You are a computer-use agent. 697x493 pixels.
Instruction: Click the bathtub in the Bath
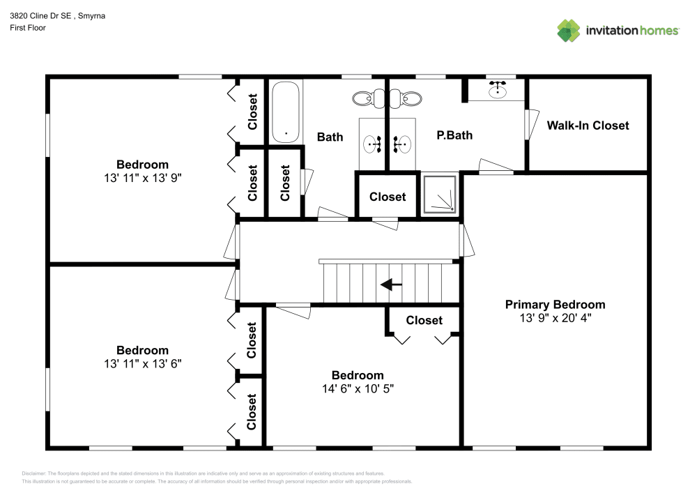coord(286,112)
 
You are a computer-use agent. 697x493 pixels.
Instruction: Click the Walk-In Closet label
coord(588,126)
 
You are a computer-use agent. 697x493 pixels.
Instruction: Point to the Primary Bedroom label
coord(555,304)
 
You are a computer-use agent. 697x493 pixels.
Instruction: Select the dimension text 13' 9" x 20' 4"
coord(555,317)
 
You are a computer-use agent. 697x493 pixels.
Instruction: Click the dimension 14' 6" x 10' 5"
coord(357,388)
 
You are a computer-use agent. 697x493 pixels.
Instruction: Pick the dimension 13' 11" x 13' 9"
coord(142,178)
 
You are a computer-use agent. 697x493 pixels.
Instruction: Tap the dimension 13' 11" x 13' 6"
coord(142,363)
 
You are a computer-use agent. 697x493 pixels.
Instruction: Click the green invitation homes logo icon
coord(569,30)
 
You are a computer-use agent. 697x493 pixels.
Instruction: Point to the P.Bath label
coord(454,135)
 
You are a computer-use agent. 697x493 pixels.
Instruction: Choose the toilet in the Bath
coord(362,99)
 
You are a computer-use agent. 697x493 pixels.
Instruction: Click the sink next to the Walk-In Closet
coord(498,90)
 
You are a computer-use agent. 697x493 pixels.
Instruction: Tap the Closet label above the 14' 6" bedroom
coord(424,320)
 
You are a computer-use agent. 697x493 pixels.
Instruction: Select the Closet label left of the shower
coord(388,197)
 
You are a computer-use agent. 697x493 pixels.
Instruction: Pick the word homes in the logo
coord(660,30)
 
